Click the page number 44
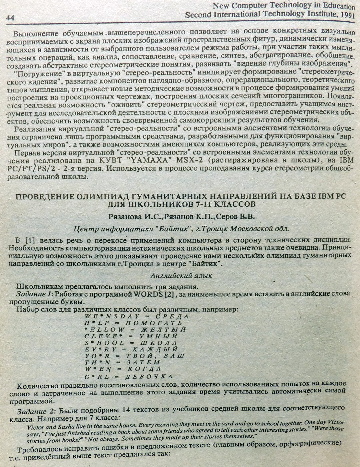tap(10, 18)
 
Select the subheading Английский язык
tap(181, 276)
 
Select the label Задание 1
tap(34, 294)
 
